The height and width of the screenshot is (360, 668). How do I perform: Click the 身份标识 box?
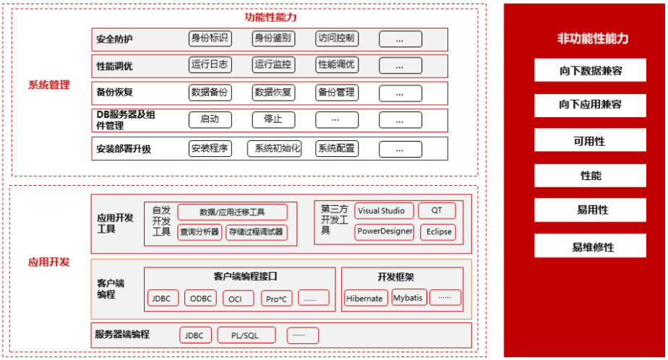click(210, 38)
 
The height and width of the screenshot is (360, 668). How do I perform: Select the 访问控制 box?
click(337, 38)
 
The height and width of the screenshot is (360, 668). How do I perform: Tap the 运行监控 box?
click(273, 64)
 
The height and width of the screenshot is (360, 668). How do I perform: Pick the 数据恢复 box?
click(273, 92)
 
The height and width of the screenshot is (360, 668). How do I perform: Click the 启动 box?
click(210, 119)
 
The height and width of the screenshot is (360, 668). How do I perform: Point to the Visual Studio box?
click(385, 211)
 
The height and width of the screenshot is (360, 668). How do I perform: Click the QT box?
click(437, 211)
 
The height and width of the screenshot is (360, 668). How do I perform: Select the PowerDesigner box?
click(385, 232)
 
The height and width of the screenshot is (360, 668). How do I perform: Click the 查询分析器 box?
click(200, 232)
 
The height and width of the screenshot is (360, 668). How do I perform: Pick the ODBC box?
click(200, 298)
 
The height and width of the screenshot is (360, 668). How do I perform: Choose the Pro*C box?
click(275, 298)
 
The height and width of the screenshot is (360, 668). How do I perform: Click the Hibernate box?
click(364, 298)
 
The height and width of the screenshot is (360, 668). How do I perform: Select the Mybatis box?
click(408, 297)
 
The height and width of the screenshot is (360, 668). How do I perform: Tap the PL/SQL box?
click(244, 335)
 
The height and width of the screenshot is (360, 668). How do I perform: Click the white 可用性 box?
click(590, 140)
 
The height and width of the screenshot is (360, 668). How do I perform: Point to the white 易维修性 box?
click(590, 247)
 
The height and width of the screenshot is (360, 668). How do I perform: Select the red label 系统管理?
click(48, 85)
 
